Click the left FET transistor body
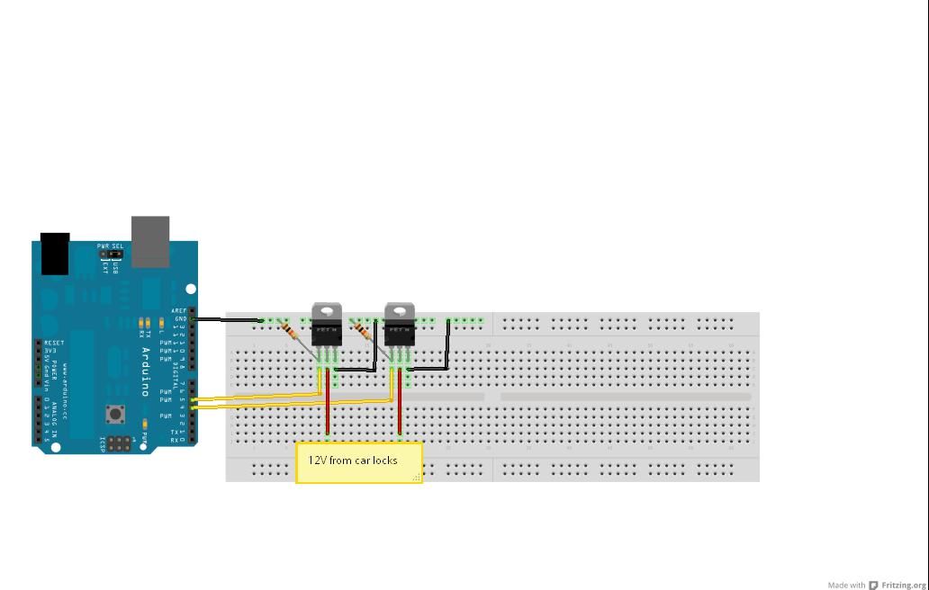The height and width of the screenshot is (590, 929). [x=326, y=334]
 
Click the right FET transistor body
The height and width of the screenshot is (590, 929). [x=400, y=334]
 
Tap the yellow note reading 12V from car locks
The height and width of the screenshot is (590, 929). [x=358, y=461]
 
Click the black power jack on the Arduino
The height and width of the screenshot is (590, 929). [x=55, y=254]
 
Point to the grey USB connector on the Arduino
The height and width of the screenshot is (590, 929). [x=150, y=241]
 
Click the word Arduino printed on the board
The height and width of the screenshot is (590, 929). [x=145, y=371]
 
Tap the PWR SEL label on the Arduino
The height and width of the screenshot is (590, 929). [x=111, y=246]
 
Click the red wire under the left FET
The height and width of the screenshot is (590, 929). [x=328, y=409]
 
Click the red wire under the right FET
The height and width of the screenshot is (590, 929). [x=400, y=409]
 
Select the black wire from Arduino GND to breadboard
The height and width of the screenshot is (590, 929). [x=227, y=319]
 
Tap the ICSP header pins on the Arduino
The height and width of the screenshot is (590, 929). [x=120, y=442]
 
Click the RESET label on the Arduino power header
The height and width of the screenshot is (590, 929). [x=54, y=344]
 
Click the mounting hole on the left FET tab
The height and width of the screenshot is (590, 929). [x=326, y=311]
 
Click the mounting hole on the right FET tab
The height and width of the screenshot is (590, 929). [x=400, y=311]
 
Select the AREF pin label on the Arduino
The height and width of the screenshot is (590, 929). [x=179, y=311]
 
